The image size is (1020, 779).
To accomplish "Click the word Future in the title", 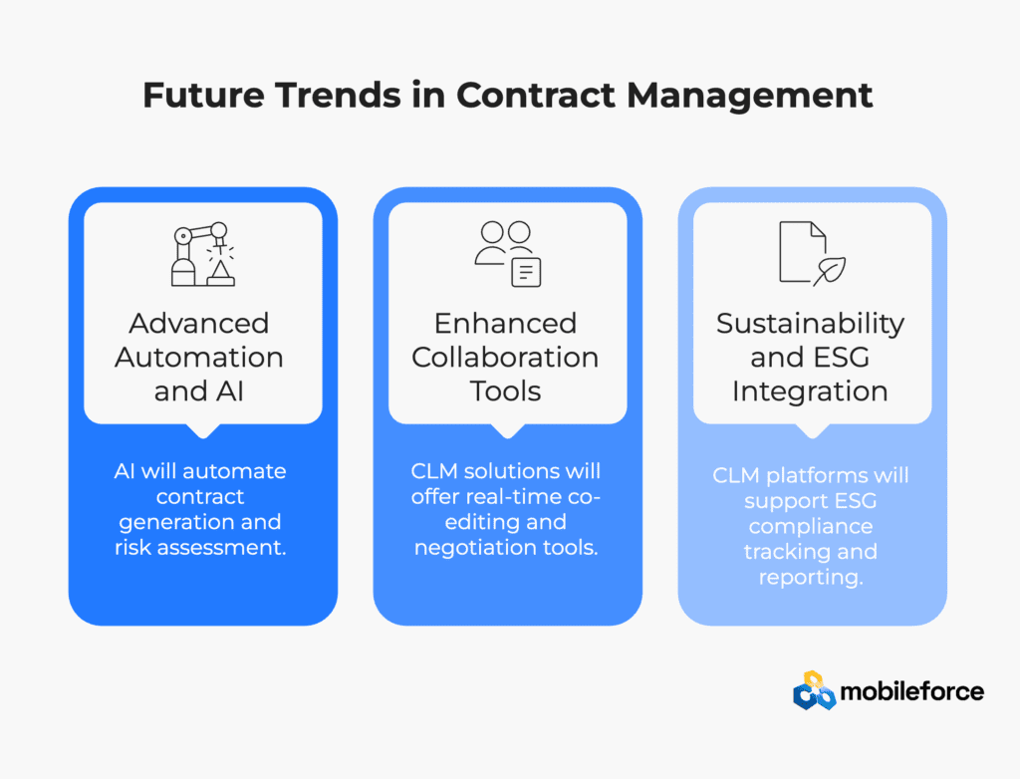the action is coord(203,95).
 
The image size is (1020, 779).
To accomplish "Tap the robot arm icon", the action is coord(203,254).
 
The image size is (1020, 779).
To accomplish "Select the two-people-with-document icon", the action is coord(508,254).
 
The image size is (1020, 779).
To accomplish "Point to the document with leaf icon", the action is coord(813,253).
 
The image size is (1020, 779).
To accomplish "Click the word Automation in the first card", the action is coord(199,358).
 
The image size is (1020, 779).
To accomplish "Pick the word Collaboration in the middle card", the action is coord(505,358).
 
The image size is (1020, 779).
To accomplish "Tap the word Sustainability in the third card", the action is coord(811,325).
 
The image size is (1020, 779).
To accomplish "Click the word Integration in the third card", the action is coord(810,392).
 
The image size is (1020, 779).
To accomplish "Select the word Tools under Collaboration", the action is coord(505,391).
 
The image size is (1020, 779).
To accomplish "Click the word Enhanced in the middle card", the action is coord(505,324).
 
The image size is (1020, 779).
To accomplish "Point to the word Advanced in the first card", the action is coord(199,324).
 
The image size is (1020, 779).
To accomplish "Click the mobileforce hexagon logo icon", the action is coord(814,690).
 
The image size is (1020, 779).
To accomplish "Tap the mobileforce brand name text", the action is coord(912,691).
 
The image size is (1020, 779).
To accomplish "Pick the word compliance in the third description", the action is coord(811,527).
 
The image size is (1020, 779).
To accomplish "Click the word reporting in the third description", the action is coord(811,578).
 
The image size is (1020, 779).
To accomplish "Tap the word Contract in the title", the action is coord(536,95).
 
